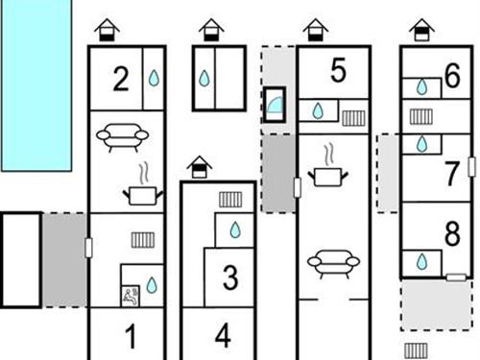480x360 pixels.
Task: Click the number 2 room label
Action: pyautogui.click(x=121, y=79)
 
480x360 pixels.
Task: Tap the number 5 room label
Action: pyautogui.click(x=338, y=70)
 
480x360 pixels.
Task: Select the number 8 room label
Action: pyautogui.click(x=452, y=233)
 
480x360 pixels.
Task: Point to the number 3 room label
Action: pyautogui.click(x=230, y=277)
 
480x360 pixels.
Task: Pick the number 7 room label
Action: pyautogui.click(x=452, y=174)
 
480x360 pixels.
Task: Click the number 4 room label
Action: pyautogui.click(x=223, y=336)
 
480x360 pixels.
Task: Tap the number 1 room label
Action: pyautogui.click(x=131, y=336)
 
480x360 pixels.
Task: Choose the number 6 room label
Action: pyautogui.click(x=452, y=76)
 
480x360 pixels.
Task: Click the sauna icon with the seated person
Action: pyautogui.click(x=131, y=296)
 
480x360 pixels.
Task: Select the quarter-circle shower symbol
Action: pyautogui.click(x=275, y=105)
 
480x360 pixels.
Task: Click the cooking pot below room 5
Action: pyautogui.click(x=328, y=170)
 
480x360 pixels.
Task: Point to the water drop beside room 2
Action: pyautogui.click(x=154, y=78)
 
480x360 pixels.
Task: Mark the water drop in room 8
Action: pyautogui.click(x=422, y=262)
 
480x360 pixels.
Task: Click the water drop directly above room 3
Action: pyautogui.click(x=235, y=229)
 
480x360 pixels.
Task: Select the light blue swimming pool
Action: pyautogui.click(x=36, y=85)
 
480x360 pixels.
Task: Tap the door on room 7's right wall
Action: pyautogui.click(x=471, y=166)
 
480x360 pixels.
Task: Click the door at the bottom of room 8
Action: pyautogui.click(x=456, y=277)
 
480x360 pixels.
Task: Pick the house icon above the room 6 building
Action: pyautogui.click(x=421, y=30)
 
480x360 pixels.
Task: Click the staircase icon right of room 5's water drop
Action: pyautogui.click(x=353, y=118)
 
